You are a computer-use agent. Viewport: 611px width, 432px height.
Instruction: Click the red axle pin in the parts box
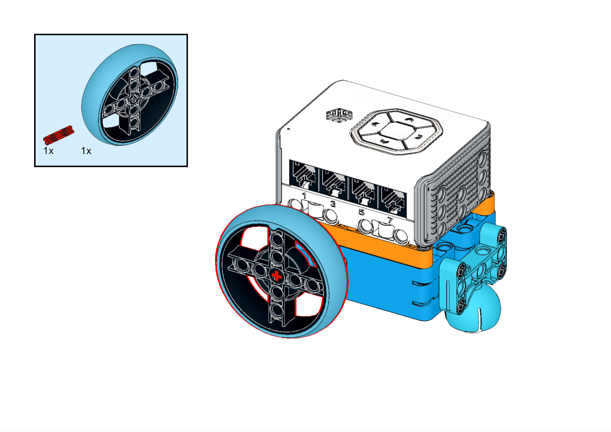59,134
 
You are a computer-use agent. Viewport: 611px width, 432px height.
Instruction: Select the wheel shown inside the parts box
130,95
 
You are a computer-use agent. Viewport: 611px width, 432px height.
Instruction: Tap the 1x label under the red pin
49,151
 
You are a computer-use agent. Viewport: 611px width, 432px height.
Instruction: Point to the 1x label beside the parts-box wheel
86,151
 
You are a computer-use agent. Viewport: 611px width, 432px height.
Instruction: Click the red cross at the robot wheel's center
277,276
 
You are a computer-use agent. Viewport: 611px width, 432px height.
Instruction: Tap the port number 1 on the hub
304,196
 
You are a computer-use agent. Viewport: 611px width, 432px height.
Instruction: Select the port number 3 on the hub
333,204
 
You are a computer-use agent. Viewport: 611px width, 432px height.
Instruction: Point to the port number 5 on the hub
362,212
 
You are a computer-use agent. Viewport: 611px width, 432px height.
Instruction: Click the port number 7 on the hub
390,220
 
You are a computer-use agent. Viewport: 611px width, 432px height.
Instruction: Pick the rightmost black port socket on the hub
393,200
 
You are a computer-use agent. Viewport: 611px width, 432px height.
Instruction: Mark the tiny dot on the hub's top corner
288,129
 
